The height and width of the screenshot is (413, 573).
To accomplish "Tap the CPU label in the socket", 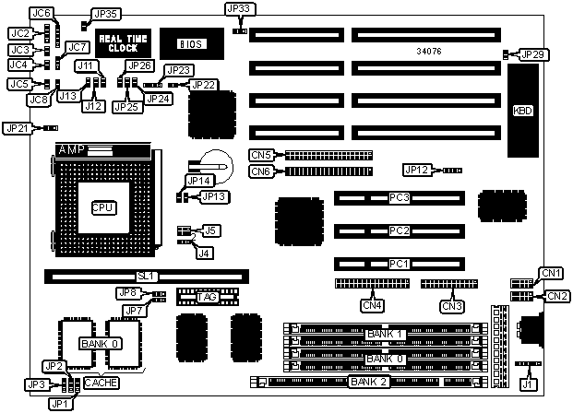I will coord(102,208).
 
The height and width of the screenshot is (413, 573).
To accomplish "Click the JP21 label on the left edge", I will coord(18,128).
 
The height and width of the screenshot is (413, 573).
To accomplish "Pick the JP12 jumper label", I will coord(417,170).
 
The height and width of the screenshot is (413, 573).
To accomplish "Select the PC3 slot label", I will coord(399,198).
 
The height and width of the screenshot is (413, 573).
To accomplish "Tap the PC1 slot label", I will coord(399,264).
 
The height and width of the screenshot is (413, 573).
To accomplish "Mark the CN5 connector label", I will coord(261,154).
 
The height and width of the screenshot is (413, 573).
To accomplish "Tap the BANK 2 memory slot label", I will coord(366,382).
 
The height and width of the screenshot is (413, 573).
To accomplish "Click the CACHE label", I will coord(100,382).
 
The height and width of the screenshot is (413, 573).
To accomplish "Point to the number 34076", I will coord(430,52).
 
